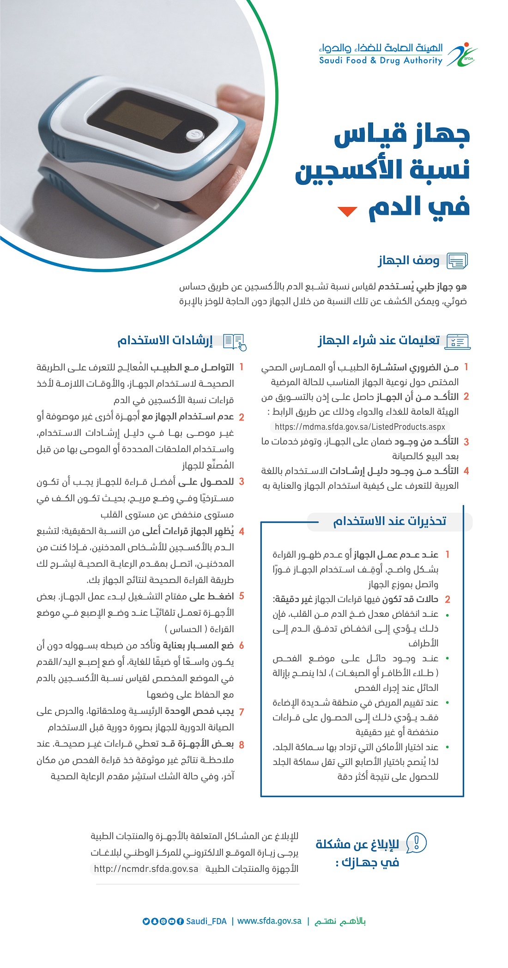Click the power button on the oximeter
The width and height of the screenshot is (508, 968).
[x=194, y=135]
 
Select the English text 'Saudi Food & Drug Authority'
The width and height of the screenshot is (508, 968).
[x=381, y=61]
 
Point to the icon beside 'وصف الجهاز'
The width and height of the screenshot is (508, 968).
[x=457, y=261]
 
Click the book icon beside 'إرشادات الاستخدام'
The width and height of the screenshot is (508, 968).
[x=235, y=341]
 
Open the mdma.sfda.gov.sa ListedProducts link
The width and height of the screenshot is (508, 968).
[x=360, y=426]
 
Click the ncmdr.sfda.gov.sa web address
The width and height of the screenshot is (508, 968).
[x=146, y=869]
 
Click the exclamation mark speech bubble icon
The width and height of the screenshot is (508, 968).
[x=417, y=842]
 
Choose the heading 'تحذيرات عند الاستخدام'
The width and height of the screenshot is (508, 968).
[x=390, y=521]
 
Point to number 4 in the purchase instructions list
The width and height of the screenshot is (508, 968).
[x=466, y=471]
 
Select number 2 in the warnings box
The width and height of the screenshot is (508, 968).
[x=447, y=599]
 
